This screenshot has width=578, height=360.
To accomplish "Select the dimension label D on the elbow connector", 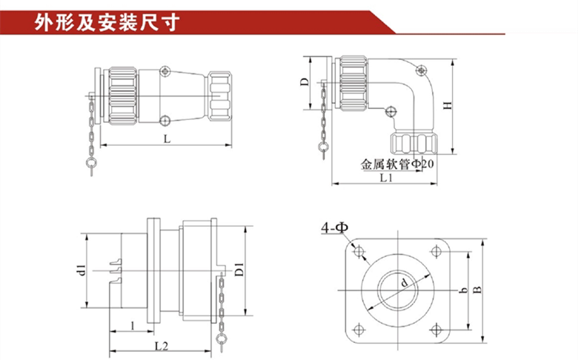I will click(305, 82).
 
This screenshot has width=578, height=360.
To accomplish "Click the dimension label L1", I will click(385, 179).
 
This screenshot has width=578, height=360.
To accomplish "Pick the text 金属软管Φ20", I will click(397, 164).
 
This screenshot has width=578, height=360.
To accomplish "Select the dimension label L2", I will click(162, 345).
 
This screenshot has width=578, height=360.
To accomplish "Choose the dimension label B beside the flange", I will click(478, 289).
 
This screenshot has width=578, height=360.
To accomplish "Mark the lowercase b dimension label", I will click(463, 291).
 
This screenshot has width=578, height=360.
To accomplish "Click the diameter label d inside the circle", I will click(404, 282).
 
